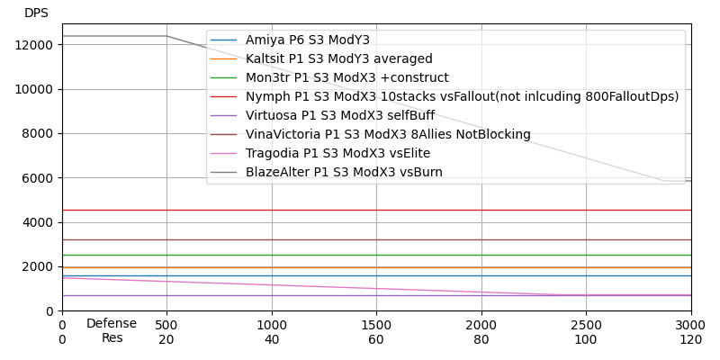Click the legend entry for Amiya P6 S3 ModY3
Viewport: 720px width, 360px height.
pos(307,40)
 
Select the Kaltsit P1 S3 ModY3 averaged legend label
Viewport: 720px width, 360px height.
pos(339,58)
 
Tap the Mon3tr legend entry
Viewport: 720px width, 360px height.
pos(347,77)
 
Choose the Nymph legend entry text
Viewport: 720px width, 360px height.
pos(462,96)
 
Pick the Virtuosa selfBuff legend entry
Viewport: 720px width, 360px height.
pos(340,115)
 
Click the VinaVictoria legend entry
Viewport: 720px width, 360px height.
pos(388,134)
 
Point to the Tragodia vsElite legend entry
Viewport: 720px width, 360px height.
pos(337,153)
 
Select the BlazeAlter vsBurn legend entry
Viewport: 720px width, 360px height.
pos(344,172)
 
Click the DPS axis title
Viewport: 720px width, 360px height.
pos(36,13)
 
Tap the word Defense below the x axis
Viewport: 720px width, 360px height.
pos(112,324)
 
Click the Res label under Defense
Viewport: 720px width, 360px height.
pos(112,337)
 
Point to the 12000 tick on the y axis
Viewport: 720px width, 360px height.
pos(34,45)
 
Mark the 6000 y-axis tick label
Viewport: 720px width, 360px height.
pos(38,178)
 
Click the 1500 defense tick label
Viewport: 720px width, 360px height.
pos(376,326)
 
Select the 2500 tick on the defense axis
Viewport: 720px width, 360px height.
pos(587,326)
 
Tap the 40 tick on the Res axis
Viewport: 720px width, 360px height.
pos(272,340)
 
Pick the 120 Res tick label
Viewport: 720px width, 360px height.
pos(691,340)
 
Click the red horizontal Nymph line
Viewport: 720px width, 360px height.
pos(376,211)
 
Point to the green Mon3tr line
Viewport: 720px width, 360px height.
pos(376,255)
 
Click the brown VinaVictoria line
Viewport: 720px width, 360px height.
pos(376,239)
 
